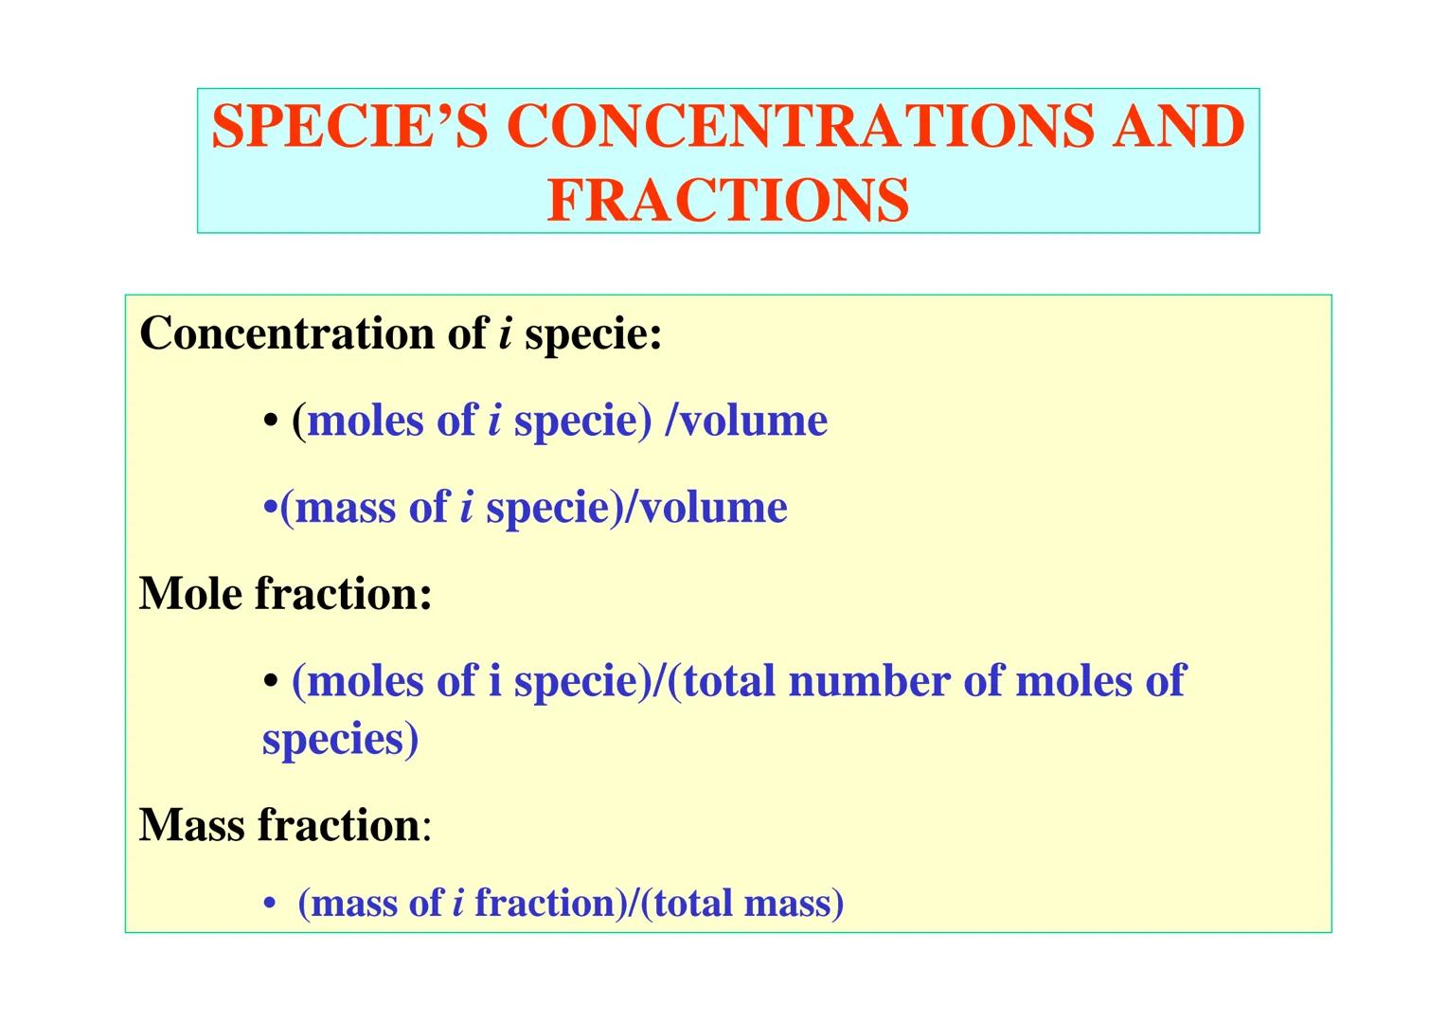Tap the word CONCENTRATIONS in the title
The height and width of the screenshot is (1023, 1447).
(801, 126)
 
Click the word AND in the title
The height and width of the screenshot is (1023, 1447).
(1178, 126)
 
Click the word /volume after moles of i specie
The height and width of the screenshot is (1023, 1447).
(746, 421)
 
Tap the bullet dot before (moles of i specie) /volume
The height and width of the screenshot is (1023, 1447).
(272, 422)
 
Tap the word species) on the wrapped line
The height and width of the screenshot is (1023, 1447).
(340, 740)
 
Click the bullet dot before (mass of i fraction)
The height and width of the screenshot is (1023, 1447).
(272, 905)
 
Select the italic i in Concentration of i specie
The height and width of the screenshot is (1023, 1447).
(505, 333)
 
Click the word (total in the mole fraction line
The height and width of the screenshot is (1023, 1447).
(721, 681)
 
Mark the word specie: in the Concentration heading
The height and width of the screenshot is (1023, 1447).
(593, 334)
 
